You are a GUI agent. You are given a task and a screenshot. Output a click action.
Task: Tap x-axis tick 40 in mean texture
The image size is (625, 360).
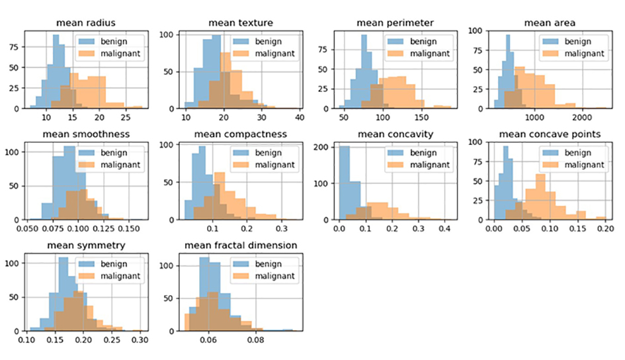(299, 118)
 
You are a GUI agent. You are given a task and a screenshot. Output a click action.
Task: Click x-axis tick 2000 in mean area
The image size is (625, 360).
(582, 118)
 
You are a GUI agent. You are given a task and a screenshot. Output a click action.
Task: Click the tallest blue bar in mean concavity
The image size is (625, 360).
(344, 183)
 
